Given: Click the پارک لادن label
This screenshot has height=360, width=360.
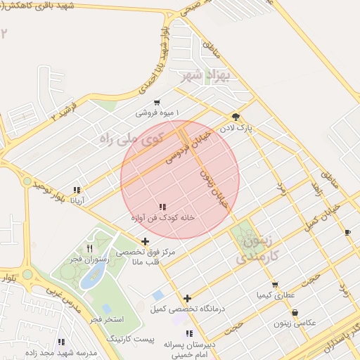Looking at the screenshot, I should pyautogui.click(x=254, y=129).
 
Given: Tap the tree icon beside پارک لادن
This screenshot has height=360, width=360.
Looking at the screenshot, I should pyautogui.click(x=236, y=117).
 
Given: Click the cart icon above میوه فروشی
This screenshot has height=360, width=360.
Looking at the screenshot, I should pyautogui.click(x=156, y=102).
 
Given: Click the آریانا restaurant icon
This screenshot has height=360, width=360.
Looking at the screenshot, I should pyautogui.click(x=77, y=190).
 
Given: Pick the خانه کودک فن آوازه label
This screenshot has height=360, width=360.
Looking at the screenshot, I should pyautogui.click(x=162, y=218).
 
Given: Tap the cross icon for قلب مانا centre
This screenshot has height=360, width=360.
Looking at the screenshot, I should pyautogui.click(x=146, y=242).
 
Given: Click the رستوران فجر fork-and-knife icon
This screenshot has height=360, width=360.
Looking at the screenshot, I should pyautogui.click(x=89, y=248).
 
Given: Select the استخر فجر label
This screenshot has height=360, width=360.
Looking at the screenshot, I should pyautogui.click(x=107, y=319).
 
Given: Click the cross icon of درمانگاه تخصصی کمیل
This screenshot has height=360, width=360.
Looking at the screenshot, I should pyautogui.click(x=187, y=298).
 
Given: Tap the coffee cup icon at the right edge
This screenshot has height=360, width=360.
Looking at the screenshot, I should pyautogui.click(x=347, y=232).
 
